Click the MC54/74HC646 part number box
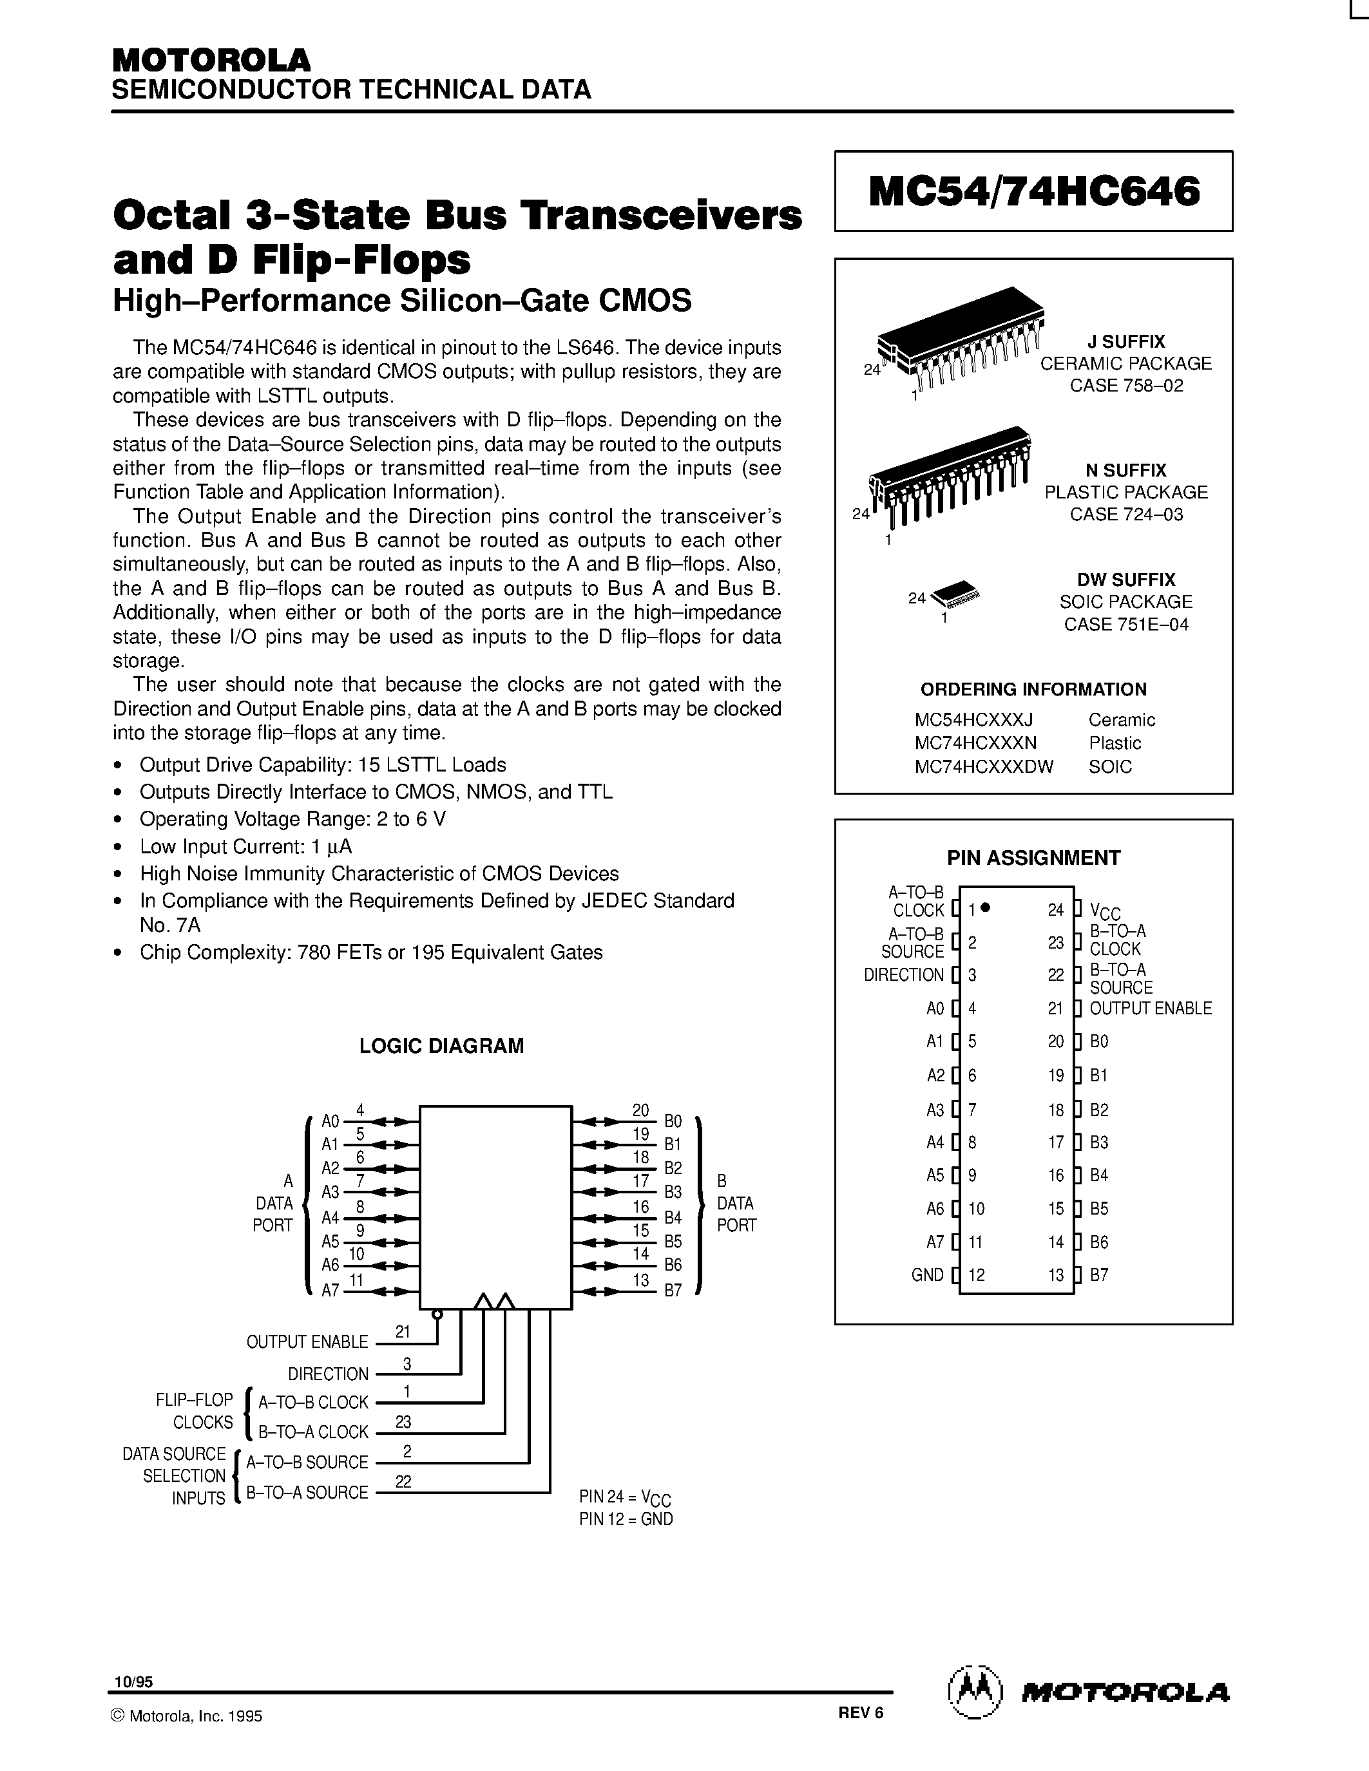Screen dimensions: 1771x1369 1033,191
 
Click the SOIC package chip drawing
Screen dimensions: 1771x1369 955,594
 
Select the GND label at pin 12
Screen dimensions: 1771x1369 927,1274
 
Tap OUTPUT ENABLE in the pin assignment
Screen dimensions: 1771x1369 1150,1008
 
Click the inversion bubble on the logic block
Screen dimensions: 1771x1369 437,1314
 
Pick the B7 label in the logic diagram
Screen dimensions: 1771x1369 673,1290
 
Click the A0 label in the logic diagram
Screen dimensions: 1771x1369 330,1121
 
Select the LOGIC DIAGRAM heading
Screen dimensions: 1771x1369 441,1046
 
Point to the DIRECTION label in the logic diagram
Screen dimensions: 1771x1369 328,1374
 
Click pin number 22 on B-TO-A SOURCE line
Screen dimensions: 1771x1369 403,1481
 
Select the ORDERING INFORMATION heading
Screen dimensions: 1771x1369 1033,689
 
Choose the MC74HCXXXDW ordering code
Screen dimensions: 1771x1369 983,766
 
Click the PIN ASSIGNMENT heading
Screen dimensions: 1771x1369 1033,858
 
